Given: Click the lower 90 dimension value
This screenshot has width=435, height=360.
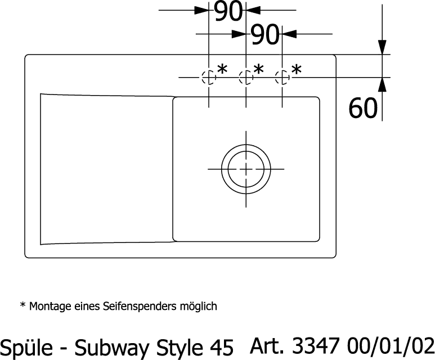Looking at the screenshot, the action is tap(264, 35).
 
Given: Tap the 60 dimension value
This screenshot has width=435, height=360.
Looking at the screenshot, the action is tap(362, 108).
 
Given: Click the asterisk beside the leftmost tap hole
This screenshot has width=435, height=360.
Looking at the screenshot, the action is tap(222, 69).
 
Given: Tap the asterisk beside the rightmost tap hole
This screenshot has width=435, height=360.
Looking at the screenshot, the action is tap(296, 69).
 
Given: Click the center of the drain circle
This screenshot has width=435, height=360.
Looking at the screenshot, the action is tap(246, 169).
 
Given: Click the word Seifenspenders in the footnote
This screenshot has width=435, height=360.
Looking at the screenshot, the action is tap(140, 306).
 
